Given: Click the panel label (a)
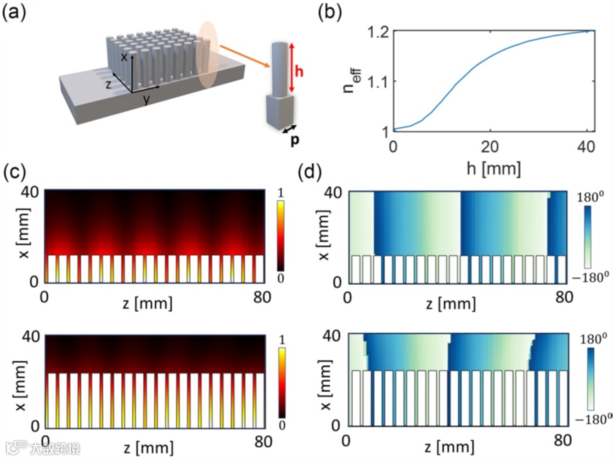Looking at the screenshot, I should tap(16, 13).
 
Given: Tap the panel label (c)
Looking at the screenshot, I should tap(16, 172).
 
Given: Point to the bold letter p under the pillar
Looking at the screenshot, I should tap(293, 139).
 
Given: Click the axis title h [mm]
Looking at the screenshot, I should tap(495, 168).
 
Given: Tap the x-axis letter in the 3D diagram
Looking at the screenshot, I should tap(123, 58).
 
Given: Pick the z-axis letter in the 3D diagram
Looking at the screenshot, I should tap(108, 84).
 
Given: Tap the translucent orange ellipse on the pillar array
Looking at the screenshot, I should tap(207, 54).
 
